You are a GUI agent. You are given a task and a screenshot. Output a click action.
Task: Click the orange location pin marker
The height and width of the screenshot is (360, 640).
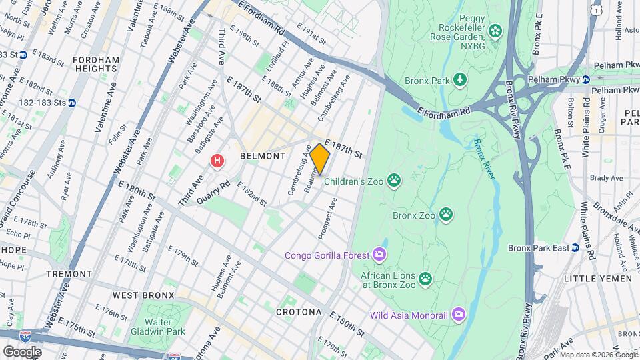(x=320, y=159)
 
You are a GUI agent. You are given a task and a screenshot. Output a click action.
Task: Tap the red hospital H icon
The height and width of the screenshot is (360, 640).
(x=217, y=161)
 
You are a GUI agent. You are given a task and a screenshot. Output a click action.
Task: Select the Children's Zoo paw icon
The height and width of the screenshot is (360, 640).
(x=395, y=179)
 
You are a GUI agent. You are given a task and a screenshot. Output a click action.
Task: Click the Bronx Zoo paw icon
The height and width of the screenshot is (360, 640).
(x=445, y=215)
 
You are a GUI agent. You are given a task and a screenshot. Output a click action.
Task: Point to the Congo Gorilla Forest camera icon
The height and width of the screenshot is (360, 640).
(x=379, y=255)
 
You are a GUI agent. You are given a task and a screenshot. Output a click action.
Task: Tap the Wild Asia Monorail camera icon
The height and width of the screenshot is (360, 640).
(x=458, y=313)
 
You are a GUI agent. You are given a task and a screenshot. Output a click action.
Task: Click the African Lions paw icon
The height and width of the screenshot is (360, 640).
(x=425, y=277)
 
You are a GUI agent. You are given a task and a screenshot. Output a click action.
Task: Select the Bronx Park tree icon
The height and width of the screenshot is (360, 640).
(x=460, y=81)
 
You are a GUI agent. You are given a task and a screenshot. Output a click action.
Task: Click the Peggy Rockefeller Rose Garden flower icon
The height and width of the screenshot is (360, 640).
(x=495, y=30)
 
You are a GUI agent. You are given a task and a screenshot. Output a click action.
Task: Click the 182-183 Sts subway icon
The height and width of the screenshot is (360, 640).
(x=72, y=103)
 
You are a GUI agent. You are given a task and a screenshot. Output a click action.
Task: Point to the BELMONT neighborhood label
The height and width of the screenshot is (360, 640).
(x=262, y=155)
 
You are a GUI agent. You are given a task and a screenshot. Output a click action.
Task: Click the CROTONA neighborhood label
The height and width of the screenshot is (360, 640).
(x=299, y=312)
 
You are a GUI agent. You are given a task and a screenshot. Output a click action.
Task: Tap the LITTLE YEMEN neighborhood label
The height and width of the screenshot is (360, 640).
(x=597, y=279)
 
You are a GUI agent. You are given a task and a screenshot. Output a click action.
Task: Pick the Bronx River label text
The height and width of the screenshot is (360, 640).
(x=485, y=160)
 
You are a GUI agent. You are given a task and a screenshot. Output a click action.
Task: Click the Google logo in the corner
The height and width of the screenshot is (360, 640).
(x=22, y=351)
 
